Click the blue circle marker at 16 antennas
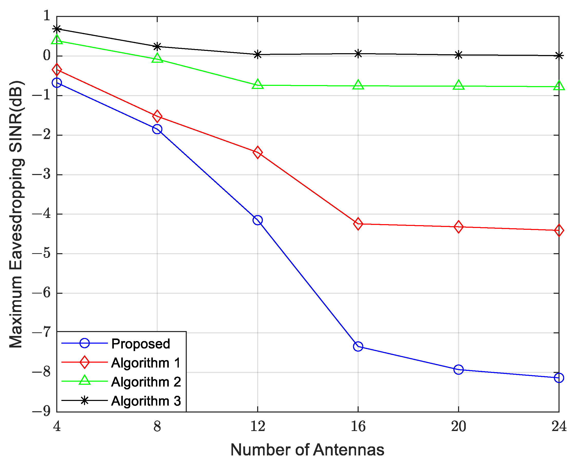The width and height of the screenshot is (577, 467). coord(358,346)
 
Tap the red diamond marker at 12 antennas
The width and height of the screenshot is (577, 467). coord(258,152)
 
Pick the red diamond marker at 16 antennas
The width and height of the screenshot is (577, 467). coord(358,224)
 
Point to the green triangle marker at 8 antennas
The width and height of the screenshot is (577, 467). coord(157,58)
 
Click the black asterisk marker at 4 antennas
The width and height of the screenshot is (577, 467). coord(57,29)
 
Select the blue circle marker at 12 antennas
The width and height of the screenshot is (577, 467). coord(258,220)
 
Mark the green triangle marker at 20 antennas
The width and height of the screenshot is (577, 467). coord(458,85)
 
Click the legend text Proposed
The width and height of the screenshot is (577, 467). coord(141,344)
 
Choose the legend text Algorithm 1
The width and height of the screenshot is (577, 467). coord(146,363)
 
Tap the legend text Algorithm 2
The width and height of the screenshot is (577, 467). coord(146,382)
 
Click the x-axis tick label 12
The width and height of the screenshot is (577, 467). coord(258,426)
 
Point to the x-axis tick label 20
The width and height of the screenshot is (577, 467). coord(458,426)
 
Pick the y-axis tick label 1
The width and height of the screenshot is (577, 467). coord(47,16)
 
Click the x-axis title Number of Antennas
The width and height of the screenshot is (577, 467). coord(307,450)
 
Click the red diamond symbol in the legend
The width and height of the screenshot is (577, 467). coord(85,362)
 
